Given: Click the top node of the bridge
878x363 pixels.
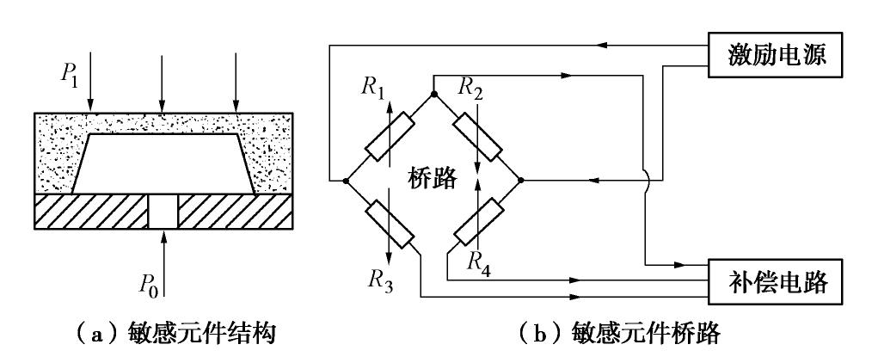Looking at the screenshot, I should [x=434, y=93].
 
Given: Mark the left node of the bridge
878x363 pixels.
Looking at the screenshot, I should [x=346, y=181].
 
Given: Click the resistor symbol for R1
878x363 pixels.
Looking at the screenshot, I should [x=390, y=138].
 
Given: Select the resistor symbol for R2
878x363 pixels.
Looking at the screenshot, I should [x=478, y=137].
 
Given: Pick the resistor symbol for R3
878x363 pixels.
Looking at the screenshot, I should [x=390, y=225].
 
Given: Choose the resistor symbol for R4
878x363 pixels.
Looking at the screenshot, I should [x=478, y=222].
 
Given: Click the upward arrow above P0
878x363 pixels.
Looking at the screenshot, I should [x=161, y=258].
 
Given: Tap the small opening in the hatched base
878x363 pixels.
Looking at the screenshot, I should [x=161, y=212].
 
